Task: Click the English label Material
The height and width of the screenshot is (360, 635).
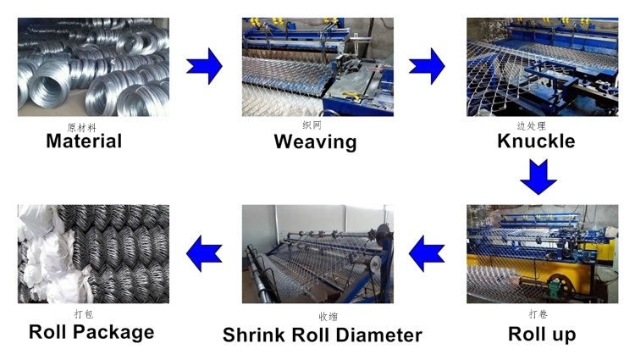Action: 84,141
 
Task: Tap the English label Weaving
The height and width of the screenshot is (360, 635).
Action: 315,141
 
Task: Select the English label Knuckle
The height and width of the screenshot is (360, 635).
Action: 536,141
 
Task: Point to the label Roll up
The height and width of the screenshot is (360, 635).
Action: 542,333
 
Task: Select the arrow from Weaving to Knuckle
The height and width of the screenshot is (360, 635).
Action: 428,65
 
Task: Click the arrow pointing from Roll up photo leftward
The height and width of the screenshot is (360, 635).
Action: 428,251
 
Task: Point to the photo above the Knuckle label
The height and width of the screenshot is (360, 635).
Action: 538,68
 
